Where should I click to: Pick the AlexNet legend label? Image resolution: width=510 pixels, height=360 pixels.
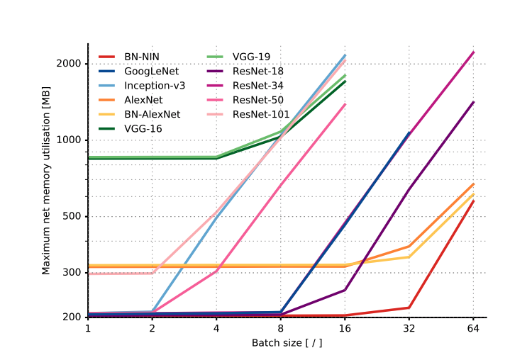coord(144,99)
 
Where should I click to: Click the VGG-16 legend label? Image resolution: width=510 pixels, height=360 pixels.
coord(143,128)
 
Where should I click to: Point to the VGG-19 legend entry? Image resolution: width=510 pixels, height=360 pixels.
coord(251,57)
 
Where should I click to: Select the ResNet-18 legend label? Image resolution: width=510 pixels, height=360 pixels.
coord(258,71)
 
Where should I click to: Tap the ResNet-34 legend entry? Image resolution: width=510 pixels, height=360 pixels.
coord(258,85)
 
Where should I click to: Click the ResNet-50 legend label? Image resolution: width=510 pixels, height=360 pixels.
coord(258,99)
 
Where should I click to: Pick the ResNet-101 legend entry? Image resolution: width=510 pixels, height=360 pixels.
coord(261,113)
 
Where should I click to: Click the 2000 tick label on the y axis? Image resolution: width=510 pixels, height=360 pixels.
coord(70,64)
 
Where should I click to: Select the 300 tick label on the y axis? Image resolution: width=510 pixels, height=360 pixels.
coord(72,273)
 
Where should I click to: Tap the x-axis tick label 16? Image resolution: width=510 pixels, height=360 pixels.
coord(345,329)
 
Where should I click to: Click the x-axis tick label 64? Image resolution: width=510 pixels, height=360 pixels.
coord(473,329)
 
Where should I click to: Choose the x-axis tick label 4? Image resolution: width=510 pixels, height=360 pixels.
coord(216,329)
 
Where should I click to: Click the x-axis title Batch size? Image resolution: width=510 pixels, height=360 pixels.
coord(287,343)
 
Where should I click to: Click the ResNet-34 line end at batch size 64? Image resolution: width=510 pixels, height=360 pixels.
coord(473,52)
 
